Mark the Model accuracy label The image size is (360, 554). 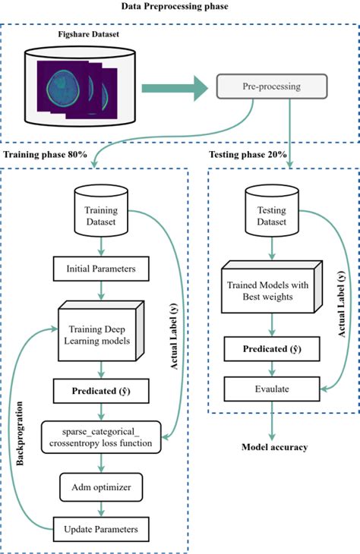click(274, 447)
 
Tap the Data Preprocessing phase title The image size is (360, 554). click(178, 8)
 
